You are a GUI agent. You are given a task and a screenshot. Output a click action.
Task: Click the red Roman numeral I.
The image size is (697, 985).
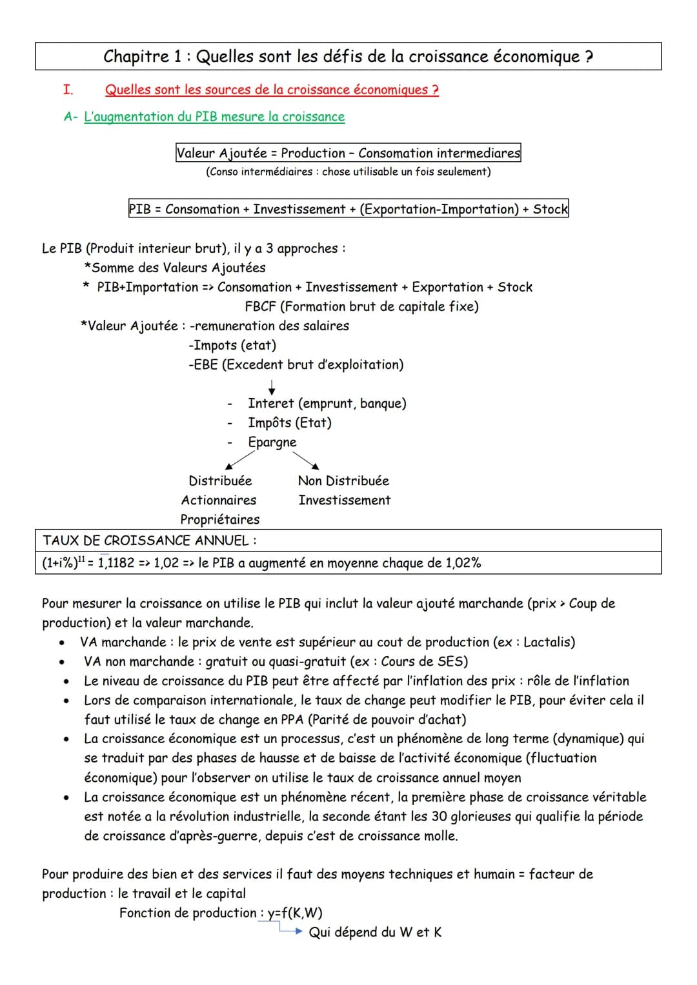(x=68, y=90)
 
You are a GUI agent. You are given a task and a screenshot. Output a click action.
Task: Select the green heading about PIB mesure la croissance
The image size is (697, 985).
(x=214, y=117)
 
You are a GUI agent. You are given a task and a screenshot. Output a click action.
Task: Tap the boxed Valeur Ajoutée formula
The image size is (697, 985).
(x=348, y=153)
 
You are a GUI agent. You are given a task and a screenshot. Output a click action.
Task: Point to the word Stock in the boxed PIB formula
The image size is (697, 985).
(x=550, y=209)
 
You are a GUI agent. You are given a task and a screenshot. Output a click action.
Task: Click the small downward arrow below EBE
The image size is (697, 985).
(x=272, y=387)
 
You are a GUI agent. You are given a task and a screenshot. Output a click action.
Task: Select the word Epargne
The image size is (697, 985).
(x=272, y=443)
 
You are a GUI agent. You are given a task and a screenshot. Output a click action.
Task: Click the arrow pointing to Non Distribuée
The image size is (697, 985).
(x=307, y=460)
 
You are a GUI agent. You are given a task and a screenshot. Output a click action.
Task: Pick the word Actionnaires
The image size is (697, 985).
(x=219, y=501)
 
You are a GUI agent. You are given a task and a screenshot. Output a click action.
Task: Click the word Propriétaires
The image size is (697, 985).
(x=220, y=520)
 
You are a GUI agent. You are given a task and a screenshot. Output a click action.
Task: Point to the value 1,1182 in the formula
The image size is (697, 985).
(x=116, y=563)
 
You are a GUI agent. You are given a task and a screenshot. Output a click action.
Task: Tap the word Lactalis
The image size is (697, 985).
(x=547, y=642)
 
